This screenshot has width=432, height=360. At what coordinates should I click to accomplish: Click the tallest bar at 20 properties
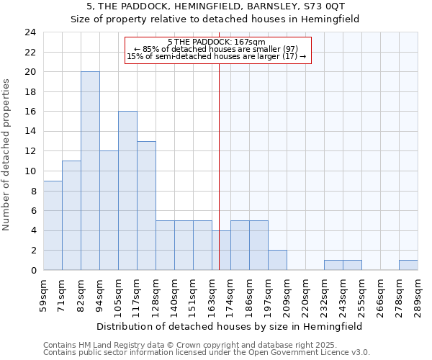90,171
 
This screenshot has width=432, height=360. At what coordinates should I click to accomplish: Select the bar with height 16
127,191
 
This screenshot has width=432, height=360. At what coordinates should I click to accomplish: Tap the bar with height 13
146,205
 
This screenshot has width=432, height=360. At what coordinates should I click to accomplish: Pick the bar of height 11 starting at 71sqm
71,215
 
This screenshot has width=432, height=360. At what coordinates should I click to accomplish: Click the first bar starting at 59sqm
53,225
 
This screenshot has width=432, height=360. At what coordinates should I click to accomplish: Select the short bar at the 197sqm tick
277,260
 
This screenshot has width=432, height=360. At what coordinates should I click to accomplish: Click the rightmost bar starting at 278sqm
408,265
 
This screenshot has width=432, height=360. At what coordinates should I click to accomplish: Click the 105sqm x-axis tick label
118,293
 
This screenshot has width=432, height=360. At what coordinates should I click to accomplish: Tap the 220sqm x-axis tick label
305,293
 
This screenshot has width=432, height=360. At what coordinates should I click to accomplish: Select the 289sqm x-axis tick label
418,293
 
